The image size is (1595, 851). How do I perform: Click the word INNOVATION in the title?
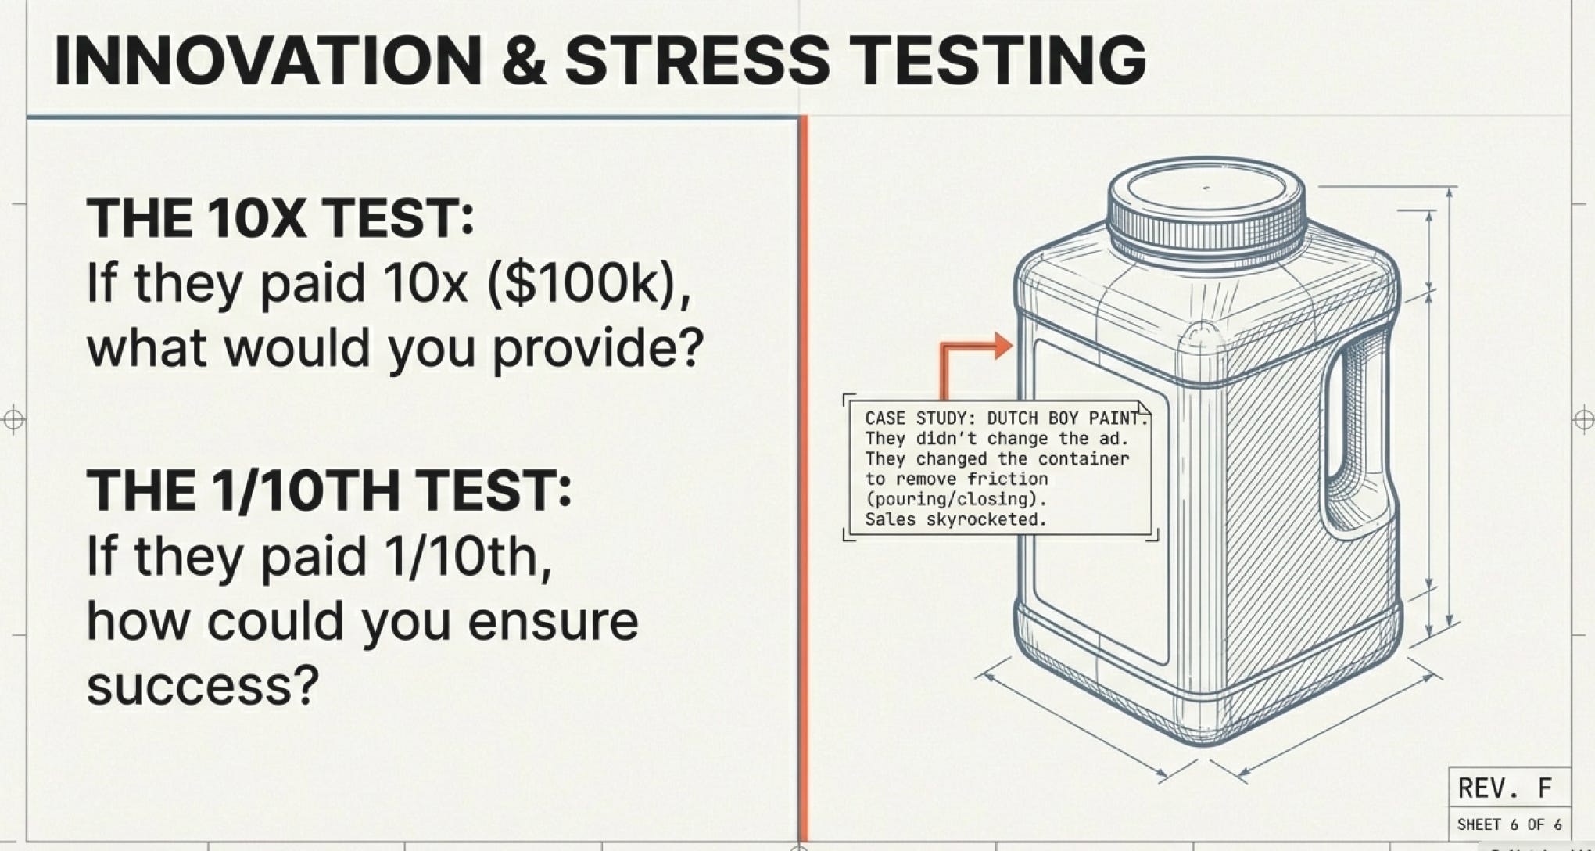267,60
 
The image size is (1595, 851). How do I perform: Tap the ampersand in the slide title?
524,60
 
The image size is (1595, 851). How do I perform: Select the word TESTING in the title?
998,60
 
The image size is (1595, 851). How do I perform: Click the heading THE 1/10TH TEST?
328,490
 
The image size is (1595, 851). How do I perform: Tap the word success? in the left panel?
203,686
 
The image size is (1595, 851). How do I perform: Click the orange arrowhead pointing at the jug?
1002,345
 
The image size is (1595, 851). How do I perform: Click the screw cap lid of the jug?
1206,205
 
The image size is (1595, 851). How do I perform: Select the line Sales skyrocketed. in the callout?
955,519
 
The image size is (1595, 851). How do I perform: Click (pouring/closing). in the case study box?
955,499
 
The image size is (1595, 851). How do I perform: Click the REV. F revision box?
1509,787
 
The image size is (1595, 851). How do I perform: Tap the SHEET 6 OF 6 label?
1509,824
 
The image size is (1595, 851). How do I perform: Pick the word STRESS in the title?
697,60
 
